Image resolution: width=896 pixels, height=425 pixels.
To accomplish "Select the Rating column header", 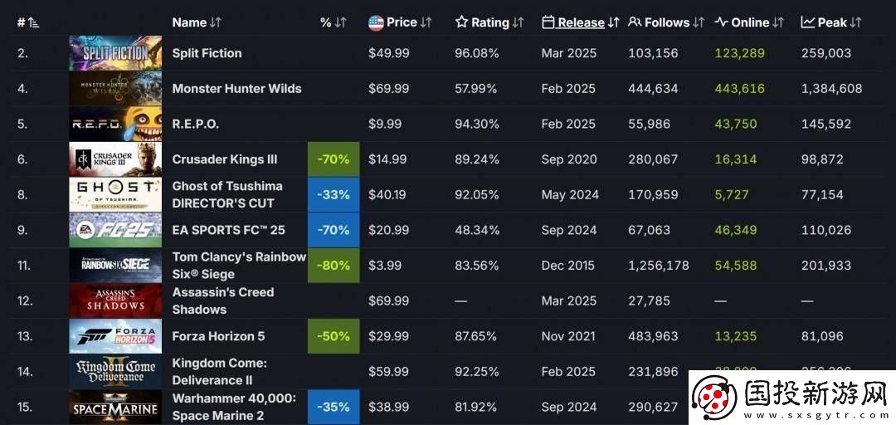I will [x=489, y=22].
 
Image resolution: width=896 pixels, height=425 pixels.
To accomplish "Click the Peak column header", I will [x=831, y=22].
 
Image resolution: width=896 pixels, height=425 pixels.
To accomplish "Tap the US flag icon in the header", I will [x=376, y=22].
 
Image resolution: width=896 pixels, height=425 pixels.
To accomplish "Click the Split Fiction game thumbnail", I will [x=115, y=53].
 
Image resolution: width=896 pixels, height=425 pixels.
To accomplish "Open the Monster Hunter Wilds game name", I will [x=236, y=89].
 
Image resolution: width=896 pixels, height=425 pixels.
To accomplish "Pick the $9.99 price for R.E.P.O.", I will [x=385, y=124].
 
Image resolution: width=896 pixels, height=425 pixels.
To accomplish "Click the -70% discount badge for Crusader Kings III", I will [x=334, y=159].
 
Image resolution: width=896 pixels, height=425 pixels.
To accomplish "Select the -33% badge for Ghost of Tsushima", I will [x=334, y=195].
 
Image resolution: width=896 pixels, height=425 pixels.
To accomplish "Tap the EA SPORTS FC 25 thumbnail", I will [x=115, y=230].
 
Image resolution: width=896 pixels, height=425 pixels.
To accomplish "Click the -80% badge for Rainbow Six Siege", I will [x=334, y=266].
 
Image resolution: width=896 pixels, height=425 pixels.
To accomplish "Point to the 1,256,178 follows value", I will [x=659, y=266].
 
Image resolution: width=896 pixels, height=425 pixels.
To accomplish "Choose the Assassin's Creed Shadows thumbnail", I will [x=115, y=300].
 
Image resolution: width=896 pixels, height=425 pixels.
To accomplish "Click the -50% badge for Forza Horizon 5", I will [x=334, y=336].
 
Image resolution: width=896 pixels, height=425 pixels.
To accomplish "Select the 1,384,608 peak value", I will [x=832, y=89].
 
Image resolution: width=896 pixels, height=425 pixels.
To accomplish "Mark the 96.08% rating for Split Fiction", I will [x=477, y=53].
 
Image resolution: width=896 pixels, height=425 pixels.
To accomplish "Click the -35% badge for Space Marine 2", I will [x=334, y=407].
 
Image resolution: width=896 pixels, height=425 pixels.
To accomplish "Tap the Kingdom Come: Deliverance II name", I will [x=219, y=372].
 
